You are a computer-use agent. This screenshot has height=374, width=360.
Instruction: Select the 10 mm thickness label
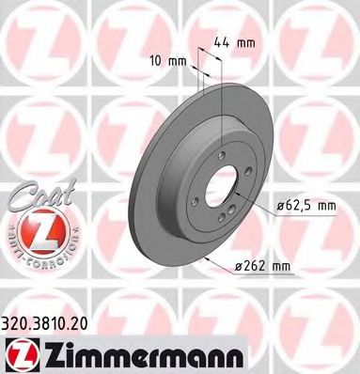[167, 62]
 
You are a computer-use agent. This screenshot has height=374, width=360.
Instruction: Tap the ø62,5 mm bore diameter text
[308, 206]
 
